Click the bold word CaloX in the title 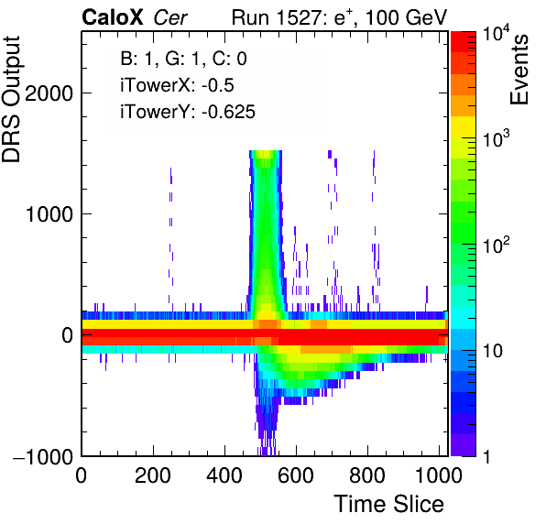[113, 17]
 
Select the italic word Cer [170, 17]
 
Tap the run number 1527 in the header [301, 17]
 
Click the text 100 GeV [407, 17]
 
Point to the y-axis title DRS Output [11, 100]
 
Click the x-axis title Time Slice [388, 504]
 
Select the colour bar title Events [519, 70]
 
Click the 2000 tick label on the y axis [49, 93]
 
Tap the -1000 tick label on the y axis [43, 456]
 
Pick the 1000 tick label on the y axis [49, 214]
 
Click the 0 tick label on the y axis [68, 335]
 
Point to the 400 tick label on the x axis [224, 475]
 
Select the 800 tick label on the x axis [367, 475]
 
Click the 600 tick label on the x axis [296, 475]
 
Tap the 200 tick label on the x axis [153, 475]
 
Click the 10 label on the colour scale [493, 352]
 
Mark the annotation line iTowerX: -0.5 [177, 85]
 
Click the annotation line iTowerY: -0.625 [188, 112]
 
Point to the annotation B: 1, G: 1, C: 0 [184, 60]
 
